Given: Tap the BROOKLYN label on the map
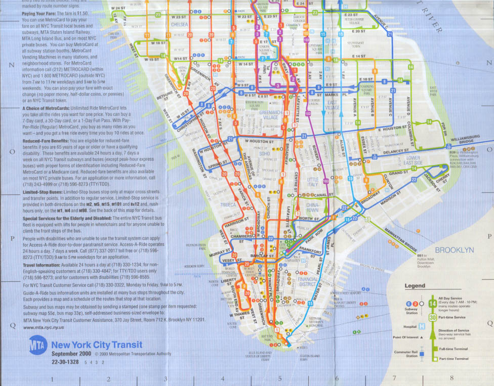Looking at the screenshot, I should coord(455,250).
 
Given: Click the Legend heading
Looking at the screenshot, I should coord(415,286).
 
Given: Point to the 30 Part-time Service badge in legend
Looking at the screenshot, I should coord(433,317).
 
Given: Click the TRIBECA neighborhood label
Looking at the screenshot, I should coord(228,205).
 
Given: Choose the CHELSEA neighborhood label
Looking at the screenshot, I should coord(179,24).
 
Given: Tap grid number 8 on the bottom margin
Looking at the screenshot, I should coord(451,378).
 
